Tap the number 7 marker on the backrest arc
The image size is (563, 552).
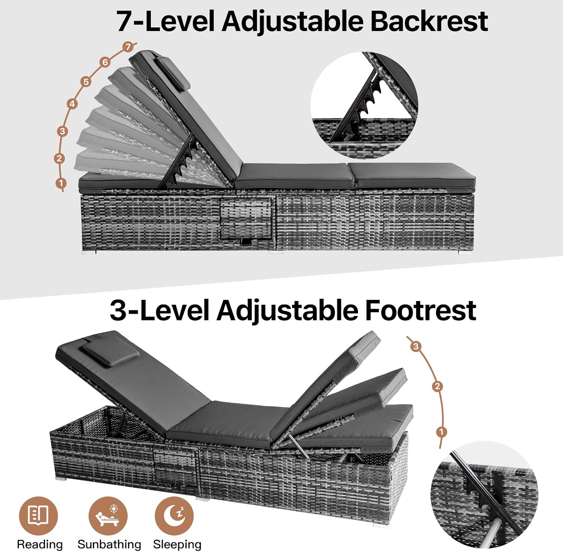[128, 47]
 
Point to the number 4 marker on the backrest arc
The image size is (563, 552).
[72, 104]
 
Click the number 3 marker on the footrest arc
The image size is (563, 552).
[415, 346]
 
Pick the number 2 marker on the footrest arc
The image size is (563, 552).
[437, 386]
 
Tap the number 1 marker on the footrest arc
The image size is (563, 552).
[442, 432]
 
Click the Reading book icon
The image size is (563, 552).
[38, 516]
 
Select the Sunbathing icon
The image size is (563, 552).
[108, 516]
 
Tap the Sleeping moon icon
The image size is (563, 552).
[174, 516]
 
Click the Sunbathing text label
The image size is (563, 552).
[109, 544]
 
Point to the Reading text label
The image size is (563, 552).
[40, 544]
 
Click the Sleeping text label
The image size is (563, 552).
[177, 544]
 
